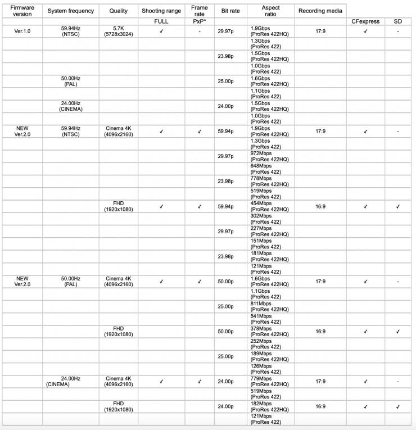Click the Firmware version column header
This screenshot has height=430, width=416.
click(x=22, y=11)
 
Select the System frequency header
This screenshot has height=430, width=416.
click(x=70, y=11)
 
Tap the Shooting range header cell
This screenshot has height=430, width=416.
click(x=161, y=11)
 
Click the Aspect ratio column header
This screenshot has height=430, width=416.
click(x=271, y=11)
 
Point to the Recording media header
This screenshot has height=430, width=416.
click(x=320, y=11)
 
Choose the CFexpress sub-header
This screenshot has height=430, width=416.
click(x=365, y=21)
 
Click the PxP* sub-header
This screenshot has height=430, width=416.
click(x=200, y=21)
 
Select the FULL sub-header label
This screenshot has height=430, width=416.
click(x=161, y=21)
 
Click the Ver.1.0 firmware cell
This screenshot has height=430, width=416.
click(x=22, y=31)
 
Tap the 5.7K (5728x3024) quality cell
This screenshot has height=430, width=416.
click(x=119, y=31)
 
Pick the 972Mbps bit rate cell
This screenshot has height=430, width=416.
click(x=269, y=156)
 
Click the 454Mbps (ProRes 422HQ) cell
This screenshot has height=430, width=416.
click(x=269, y=206)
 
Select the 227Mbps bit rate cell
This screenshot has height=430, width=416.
click(x=269, y=231)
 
